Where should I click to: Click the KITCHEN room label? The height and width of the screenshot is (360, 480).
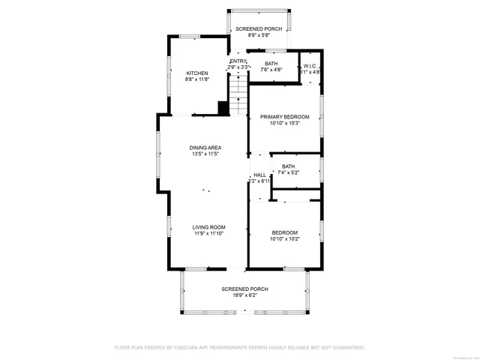point(197,73)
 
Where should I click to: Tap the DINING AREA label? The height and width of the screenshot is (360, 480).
point(204,148)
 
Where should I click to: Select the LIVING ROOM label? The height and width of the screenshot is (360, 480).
point(208,227)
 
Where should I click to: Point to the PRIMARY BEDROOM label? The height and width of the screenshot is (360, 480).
point(284,117)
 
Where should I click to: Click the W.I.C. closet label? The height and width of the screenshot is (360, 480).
point(311,67)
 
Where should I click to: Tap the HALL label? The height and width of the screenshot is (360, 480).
point(259,175)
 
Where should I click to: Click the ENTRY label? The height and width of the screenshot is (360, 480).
point(238,61)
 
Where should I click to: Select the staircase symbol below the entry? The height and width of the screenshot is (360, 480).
point(238,97)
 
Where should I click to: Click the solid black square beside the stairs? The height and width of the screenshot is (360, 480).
point(223,108)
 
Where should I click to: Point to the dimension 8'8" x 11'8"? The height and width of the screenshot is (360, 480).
point(197,79)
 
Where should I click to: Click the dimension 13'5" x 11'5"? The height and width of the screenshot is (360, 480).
point(204,154)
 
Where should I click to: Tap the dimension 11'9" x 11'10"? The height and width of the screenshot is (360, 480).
point(208,234)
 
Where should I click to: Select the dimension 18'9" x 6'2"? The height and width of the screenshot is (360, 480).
point(244,295)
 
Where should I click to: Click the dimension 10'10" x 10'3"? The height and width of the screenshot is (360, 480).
point(284,124)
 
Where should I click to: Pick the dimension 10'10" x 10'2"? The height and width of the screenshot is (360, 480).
point(284,239)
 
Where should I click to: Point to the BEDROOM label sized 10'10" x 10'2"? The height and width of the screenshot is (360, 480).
point(284,232)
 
